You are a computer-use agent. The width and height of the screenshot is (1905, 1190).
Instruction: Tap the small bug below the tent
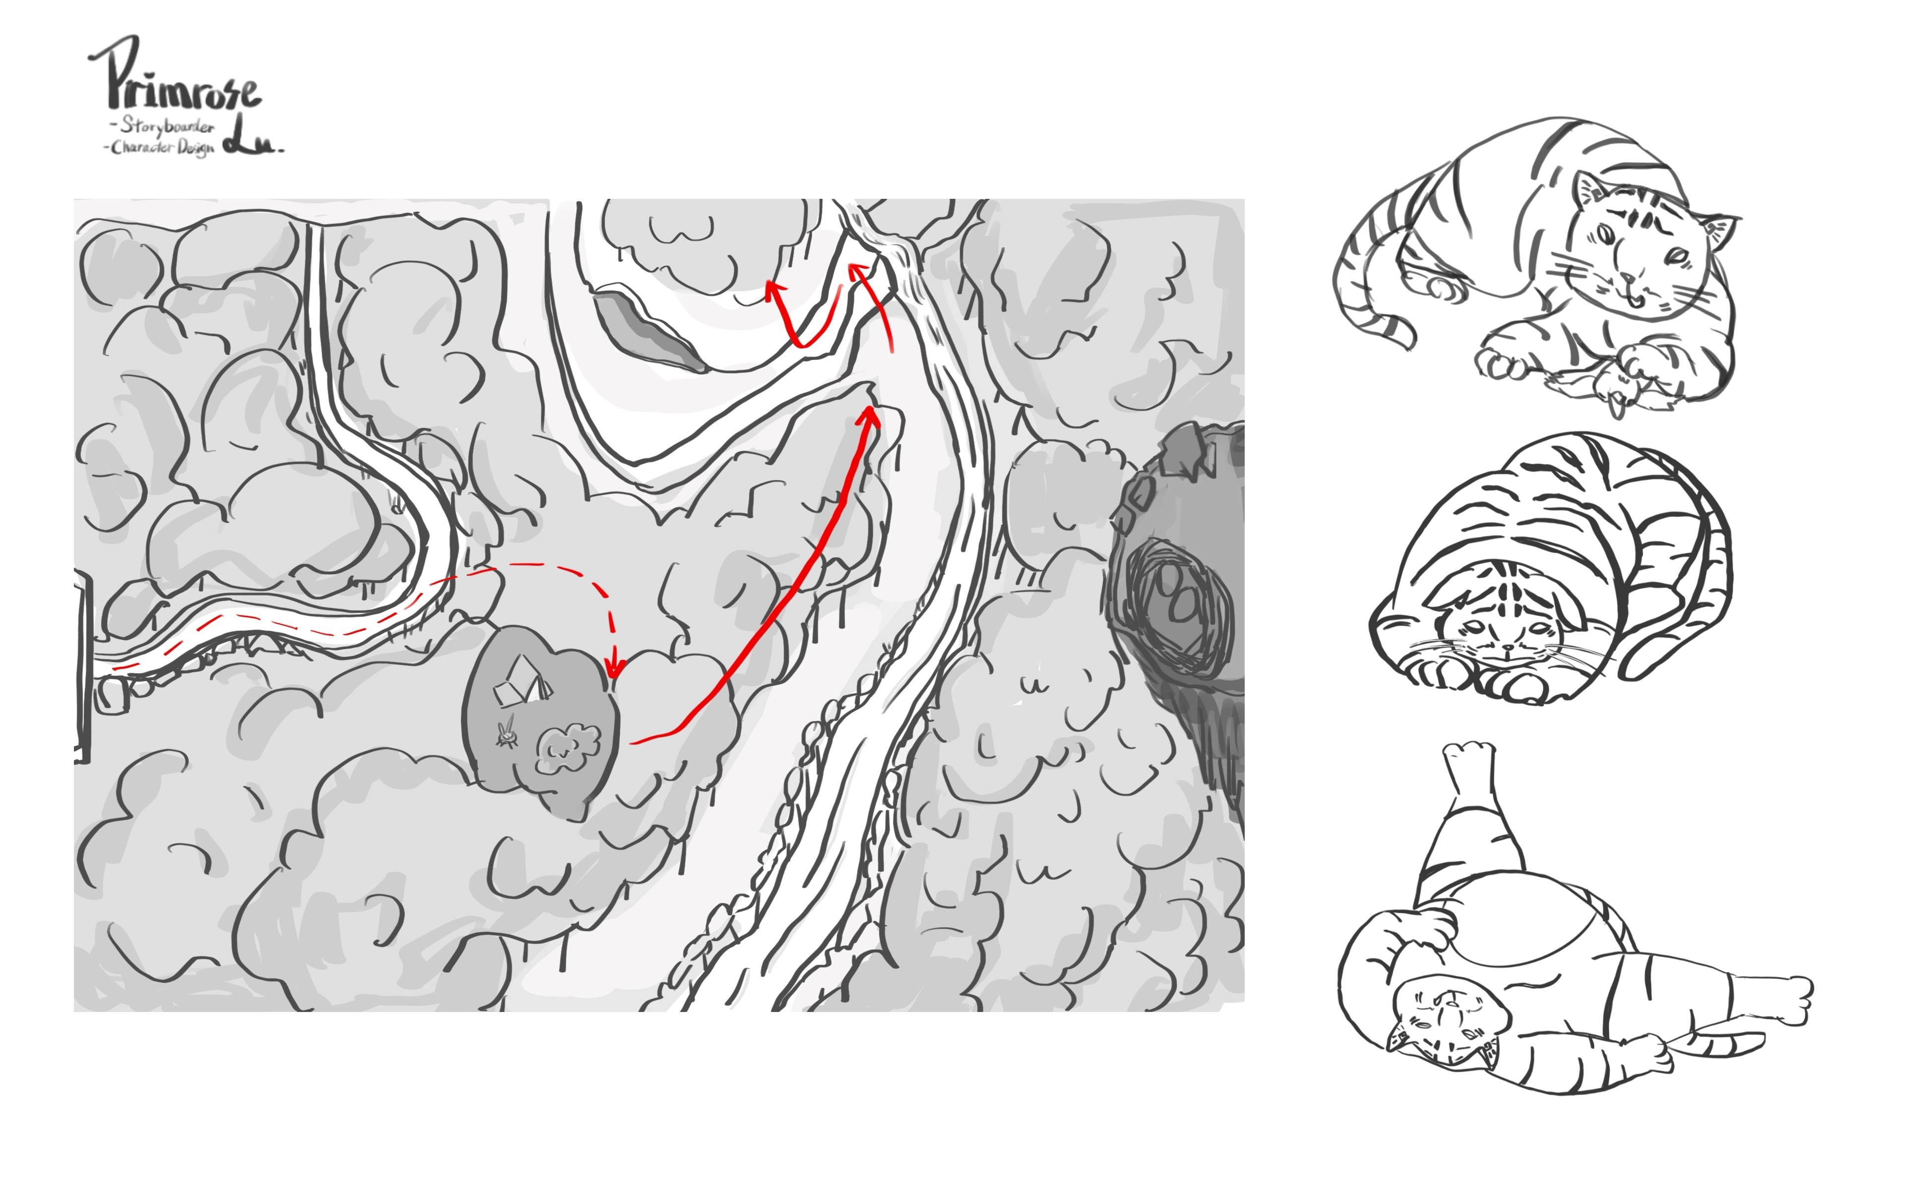(x=508, y=731)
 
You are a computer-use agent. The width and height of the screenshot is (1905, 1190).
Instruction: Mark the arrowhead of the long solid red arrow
(x=869, y=417)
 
